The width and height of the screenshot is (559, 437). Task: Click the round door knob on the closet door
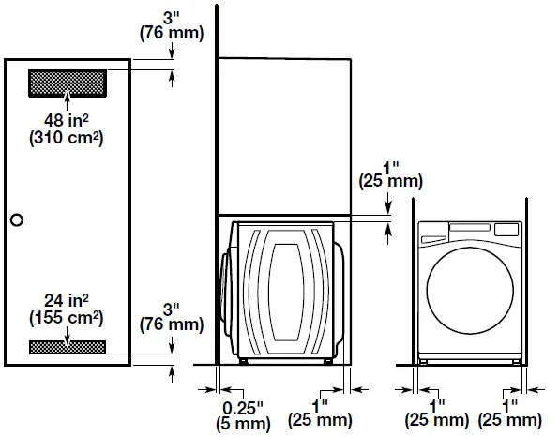click(x=17, y=220)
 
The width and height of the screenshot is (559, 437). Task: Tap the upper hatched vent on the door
click(x=68, y=83)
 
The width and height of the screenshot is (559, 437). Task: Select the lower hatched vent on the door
click(x=68, y=347)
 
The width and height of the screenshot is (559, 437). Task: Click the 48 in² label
click(x=67, y=120)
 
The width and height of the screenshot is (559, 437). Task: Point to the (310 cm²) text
click(x=67, y=137)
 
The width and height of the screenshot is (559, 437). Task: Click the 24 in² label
click(x=67, y=300)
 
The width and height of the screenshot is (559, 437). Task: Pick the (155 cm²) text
click(x=67, y=317)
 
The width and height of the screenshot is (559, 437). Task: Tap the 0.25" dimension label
click(x=243, y=407)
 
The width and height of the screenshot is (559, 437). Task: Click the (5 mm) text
click(x=243, y=424)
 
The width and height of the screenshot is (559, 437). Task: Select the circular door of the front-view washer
click(x=470, y=291)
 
